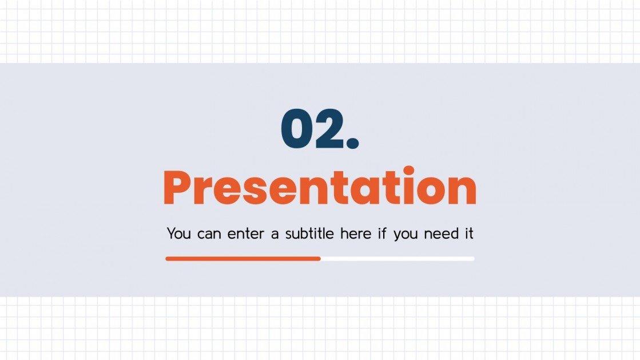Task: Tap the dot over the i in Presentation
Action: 408,171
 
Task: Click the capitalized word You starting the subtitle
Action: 178,234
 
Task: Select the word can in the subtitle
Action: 208,235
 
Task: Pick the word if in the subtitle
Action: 382,234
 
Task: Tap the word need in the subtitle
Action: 440,234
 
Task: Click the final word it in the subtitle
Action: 468,234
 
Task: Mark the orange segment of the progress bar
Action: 243,259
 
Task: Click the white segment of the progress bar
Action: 397,259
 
